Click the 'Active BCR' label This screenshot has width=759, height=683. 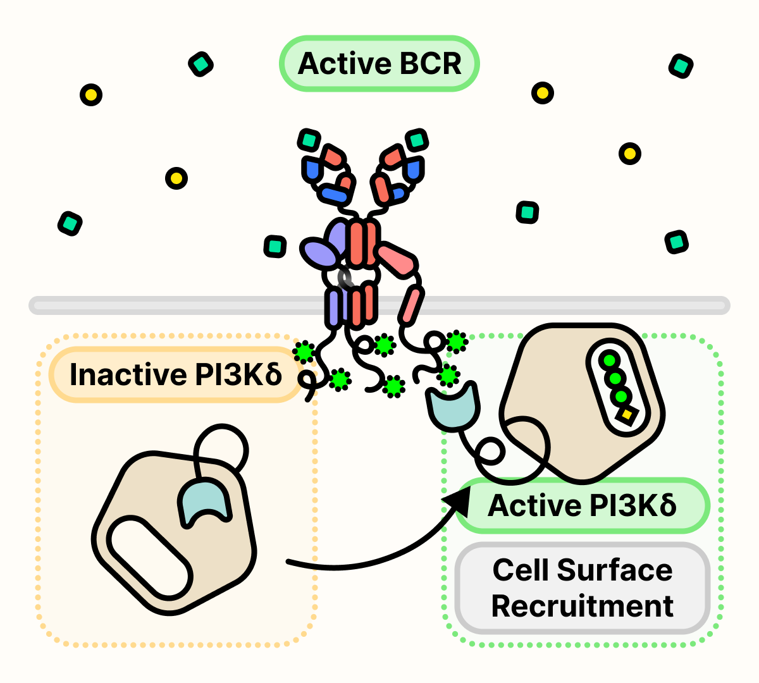379,64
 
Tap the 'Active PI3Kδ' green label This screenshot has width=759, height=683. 582,506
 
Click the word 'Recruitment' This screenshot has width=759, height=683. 582,606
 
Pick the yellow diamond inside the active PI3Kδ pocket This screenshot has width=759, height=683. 627,415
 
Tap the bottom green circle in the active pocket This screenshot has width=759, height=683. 620,397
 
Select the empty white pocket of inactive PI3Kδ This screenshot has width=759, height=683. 149,557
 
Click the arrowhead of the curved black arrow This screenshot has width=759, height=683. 459,500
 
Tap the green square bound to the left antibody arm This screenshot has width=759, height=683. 309,140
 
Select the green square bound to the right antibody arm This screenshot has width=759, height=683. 417,140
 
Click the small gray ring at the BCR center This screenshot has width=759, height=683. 345,278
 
